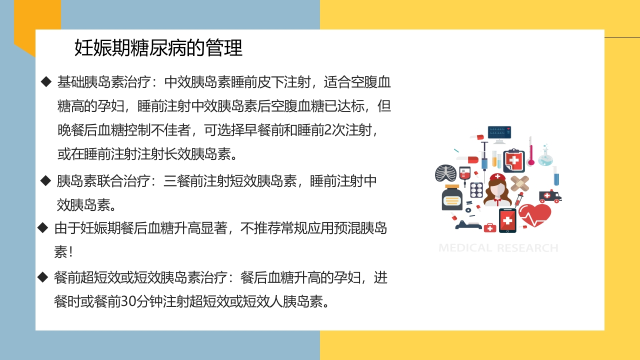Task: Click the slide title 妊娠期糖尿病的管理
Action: tap(158, 48)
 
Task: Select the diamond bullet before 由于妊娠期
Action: tap(43, 228)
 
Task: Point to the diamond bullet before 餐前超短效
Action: tap(43, 276)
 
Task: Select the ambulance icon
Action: tap(550, 196)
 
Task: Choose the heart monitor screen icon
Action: tap(499, 132)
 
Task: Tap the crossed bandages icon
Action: tap(520, 183)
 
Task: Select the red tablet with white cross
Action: tap(507, 220)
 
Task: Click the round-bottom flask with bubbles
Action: tap(545, 156)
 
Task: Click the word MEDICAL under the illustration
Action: tap(465, 248)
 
